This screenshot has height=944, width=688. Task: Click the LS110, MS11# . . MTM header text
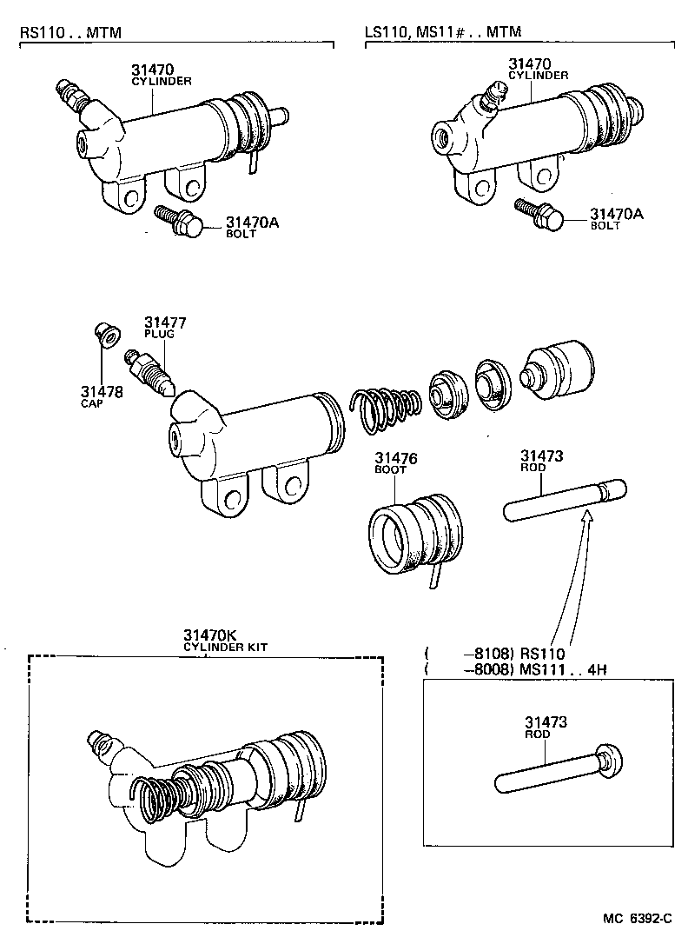click(443, 32)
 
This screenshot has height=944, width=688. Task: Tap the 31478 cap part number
click(102, 392)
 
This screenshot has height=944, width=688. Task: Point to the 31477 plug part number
click(165, 323)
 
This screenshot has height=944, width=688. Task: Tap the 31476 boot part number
click(396, 458)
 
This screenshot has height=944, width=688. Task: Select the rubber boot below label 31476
click(416, 538)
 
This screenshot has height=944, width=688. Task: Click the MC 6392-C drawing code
click(639, 919)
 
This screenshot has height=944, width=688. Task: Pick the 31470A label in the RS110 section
click(252, 223)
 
